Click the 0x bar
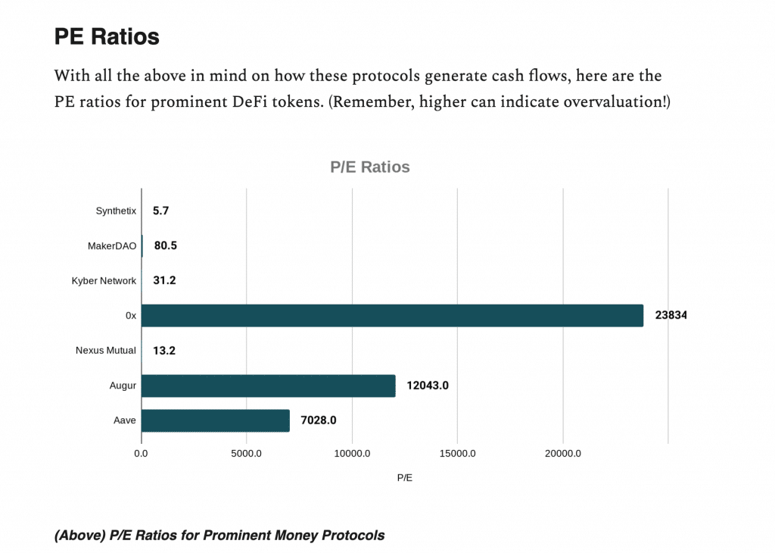pos(392,316)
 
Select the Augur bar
pos(268,386)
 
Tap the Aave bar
pos(215,420)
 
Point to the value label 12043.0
pos(428,386)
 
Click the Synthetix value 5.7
pos(160,211)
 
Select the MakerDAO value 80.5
pos(165,245)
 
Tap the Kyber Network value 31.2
pos(164,280)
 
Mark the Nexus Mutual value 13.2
pos(164,351)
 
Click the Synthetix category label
pos(116,211)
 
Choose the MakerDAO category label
pos(112,245)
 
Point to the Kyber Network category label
pos(104,280)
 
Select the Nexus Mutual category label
pos(106,351)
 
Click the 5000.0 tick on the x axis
pos(247,453)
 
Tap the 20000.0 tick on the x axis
pos(562,453)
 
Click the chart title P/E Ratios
pos(370,167)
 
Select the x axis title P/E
pos(405,478)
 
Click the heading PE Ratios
pos(106,36)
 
